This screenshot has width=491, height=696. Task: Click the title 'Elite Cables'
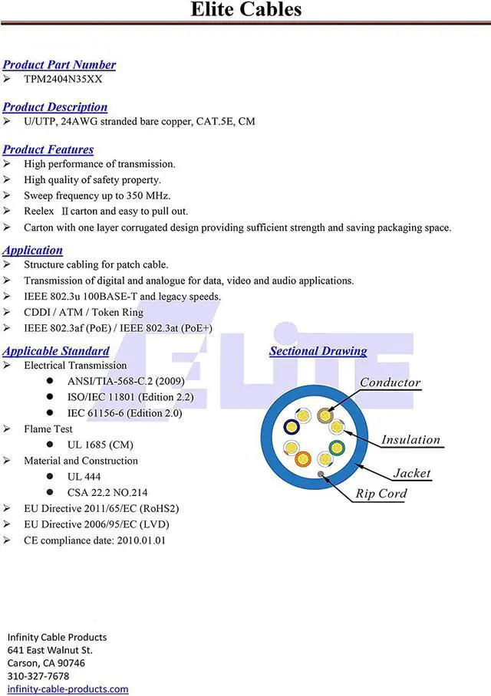click(245, 10)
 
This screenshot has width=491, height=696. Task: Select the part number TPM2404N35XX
click(63, 79)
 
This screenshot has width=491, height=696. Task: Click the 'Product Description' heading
click(54, 107)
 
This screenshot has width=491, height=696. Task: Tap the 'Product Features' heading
click(48, 149)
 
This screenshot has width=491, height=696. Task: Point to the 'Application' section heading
click(32, 250)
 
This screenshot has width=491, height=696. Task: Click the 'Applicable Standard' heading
click(56, 351)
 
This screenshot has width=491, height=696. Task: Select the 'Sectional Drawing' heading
click(318, 351)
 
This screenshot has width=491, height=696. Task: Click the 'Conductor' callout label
click(390, 382)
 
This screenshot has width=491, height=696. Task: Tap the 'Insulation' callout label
click(410, 440)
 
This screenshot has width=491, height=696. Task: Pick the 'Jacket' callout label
click(412, 474)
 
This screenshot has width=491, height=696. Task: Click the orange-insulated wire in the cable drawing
click(302, 459)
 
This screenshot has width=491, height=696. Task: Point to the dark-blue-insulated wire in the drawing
click(292, 428)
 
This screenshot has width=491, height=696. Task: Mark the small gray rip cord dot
click(320, 474)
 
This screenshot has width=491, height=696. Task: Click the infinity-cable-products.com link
click(68, 689)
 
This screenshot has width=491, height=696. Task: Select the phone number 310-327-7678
click(38, 676)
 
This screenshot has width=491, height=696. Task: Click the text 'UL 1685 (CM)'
click(100, 445)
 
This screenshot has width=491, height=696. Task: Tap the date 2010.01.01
click(140, 540)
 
